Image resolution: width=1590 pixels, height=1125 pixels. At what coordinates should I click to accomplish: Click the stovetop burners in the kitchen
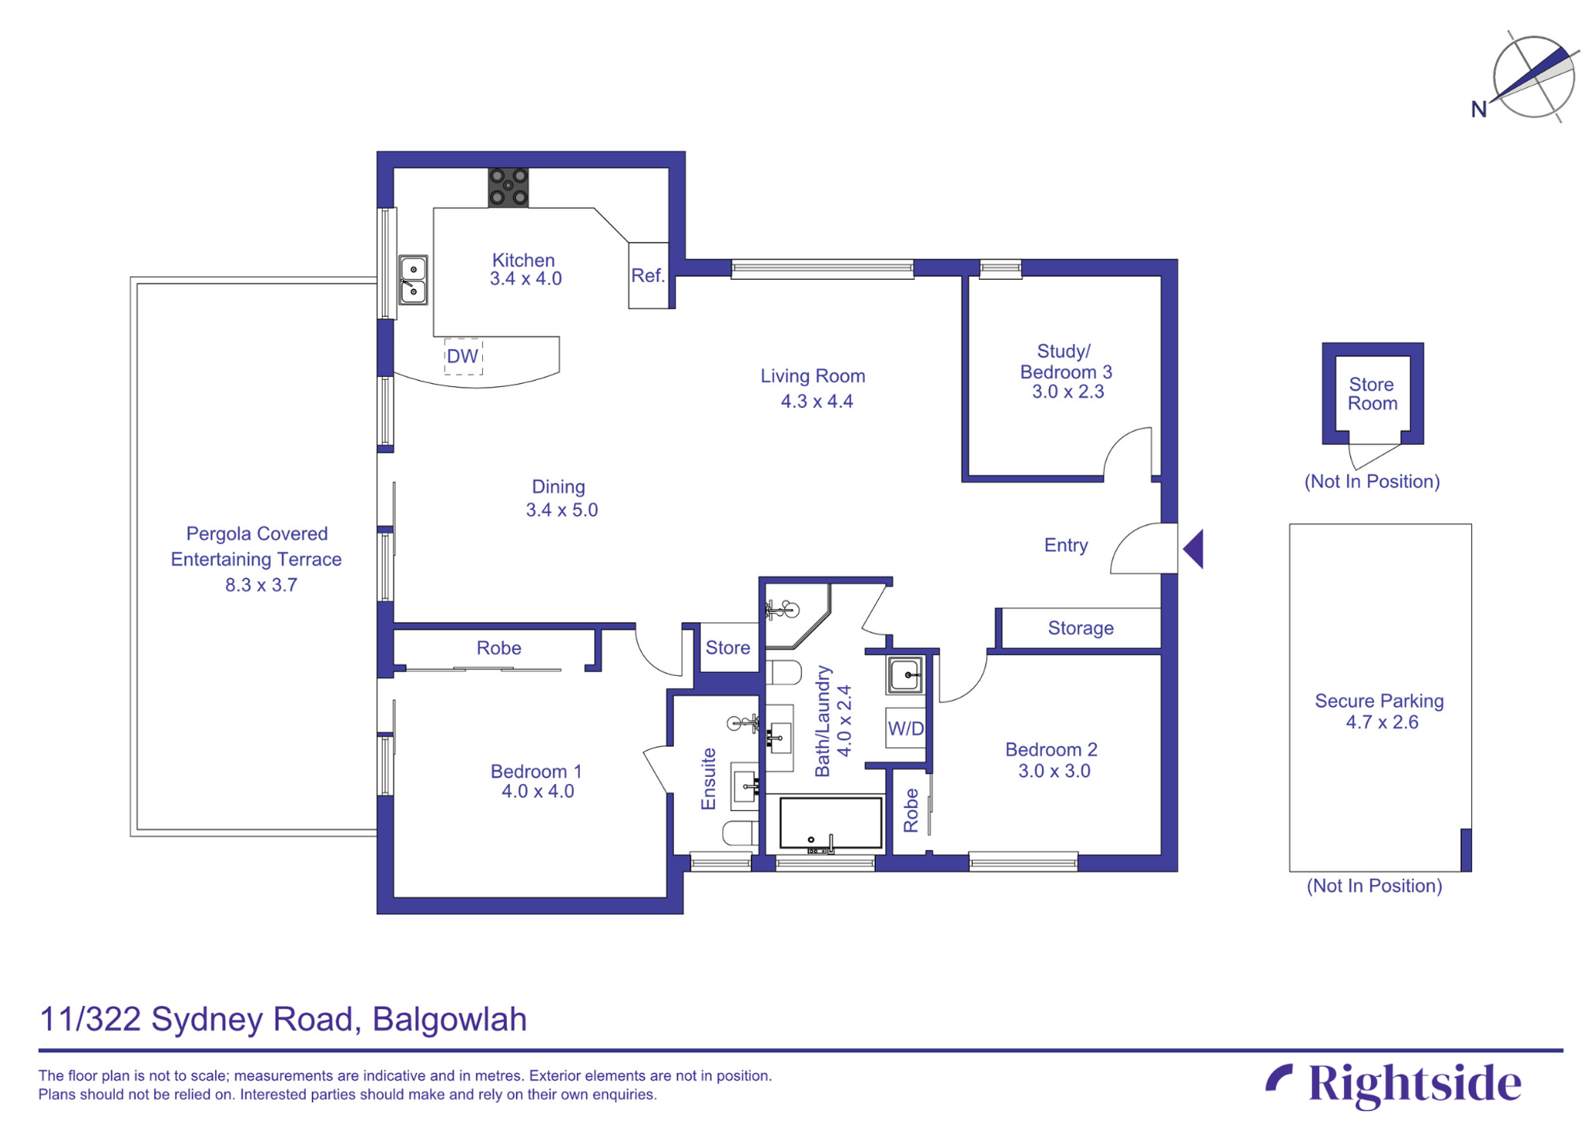[508, 187]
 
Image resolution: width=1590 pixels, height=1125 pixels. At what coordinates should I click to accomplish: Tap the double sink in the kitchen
[413, 280]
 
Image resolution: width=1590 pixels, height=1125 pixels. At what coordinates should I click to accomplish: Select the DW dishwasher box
[463, 357]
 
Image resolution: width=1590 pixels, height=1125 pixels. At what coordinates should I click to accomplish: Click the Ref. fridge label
[647, 276]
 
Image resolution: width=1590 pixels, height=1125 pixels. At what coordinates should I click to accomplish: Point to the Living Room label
[812, 376]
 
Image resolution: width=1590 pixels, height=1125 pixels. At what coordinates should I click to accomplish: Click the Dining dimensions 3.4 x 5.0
[561, 510]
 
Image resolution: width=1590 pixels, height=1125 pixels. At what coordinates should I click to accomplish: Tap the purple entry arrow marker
[1194, 549]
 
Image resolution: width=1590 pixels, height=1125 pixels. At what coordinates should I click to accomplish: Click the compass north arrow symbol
[1533, 76]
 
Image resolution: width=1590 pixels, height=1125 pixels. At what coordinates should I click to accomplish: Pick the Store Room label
[1372, 394]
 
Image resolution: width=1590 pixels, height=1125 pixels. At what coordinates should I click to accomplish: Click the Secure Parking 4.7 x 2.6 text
[1380, 711]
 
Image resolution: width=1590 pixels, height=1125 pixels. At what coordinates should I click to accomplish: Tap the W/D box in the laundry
[905, 729]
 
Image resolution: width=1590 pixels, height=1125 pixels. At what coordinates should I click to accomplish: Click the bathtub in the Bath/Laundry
[831, 822]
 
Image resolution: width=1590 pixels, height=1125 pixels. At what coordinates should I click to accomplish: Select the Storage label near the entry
[1080, 628]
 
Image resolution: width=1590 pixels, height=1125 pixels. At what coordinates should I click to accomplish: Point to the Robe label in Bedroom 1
[498, 648]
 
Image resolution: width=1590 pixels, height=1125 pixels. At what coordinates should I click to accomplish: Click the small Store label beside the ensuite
[727, 647]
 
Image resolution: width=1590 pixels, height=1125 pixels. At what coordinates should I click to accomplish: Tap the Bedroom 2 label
[1050, 750]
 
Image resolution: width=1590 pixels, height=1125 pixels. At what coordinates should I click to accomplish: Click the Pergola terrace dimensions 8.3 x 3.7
[261, 585]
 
